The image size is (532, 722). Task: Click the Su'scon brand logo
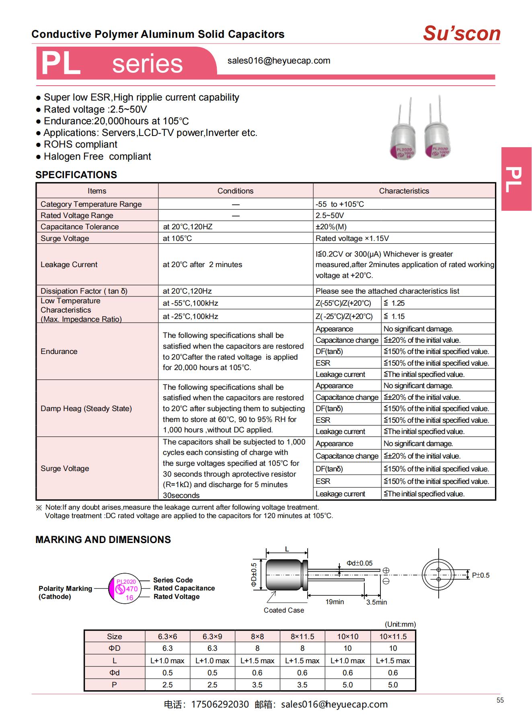pyautogui.click(x=461, y=33)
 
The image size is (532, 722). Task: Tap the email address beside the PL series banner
pyautogui.click(x=279, y=61)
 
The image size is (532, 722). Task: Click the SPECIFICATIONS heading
pyautogui.click(x=76, y=175)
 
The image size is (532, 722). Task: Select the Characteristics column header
pyautogui.click(x=404, y=191)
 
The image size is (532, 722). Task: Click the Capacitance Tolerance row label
pyautogui.click(x=80, y=226)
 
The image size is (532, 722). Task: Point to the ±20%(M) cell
pyautogui.click(x=331, y=226)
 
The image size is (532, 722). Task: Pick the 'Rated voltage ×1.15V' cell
pyautogui.click(x=352, y=238)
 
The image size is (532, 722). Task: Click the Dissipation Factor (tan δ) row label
pyautogui.click(x=84, y=291)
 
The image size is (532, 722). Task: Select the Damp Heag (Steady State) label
pyautogui.click(x=86, y=408)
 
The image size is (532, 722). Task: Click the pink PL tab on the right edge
pyautogui.click(x=516, y=179)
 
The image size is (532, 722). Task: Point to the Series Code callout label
pyautogui.click(x=173, y=580)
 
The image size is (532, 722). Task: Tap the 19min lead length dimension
pyautogui.click(x=335, y=602)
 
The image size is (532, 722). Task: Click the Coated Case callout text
pyautogui.click(x=283, y=610)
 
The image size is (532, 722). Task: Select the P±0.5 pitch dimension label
pyautogui.click(x=481, y=575)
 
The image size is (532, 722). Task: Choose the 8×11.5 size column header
pyautogui.click(x=302, y=636)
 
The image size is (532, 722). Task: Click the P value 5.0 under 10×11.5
pyautogui.click(x=392, y=685)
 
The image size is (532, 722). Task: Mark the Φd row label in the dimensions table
pyautogui.click(x=114, y=673)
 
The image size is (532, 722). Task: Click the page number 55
pyautogui.click(x=500, y=700)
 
